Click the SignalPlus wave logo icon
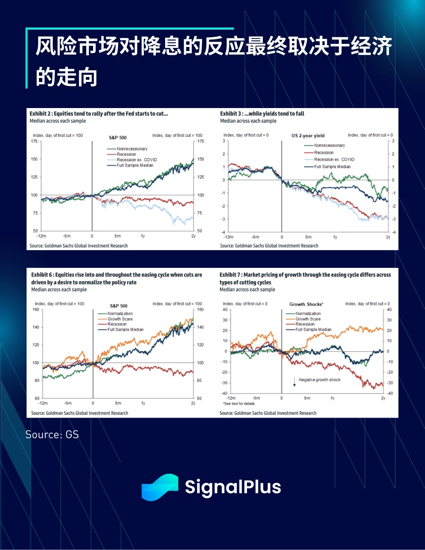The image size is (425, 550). click(160, 487)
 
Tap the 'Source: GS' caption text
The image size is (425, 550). click(52, 434)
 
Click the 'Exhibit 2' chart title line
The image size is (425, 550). click(99, 114)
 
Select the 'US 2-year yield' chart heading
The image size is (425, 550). click(308, 136)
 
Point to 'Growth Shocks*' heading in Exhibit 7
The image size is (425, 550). click(306, 304)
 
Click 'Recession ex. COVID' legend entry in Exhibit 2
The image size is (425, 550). click(136, 160)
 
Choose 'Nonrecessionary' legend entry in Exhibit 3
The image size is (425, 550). click(329, 145)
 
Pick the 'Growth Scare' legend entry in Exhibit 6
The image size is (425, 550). click(120, 319)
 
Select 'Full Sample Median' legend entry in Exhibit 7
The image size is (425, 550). click(313, 329)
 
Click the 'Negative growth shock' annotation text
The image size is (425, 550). click(319, 380)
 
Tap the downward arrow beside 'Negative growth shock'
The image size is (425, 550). click(294, 382)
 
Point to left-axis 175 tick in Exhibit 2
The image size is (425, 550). click(34, 141)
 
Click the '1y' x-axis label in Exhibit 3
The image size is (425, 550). click(335, 237)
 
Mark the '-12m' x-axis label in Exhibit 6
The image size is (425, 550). click(43, 403)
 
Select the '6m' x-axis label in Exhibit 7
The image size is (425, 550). click(307, 398)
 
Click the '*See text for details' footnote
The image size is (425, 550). click(239, 404)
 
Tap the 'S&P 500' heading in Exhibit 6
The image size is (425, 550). click(119, 306)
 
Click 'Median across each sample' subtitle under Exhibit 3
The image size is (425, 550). click(248, 121)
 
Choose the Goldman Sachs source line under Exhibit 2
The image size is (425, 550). click(78, 246)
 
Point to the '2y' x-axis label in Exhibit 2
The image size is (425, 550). click(193, 236)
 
